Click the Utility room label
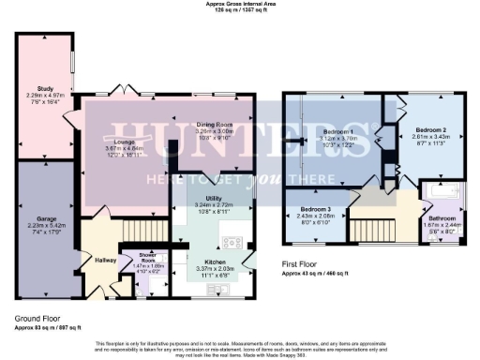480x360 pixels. (209, 197)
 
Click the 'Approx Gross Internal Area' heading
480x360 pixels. (240, 4)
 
